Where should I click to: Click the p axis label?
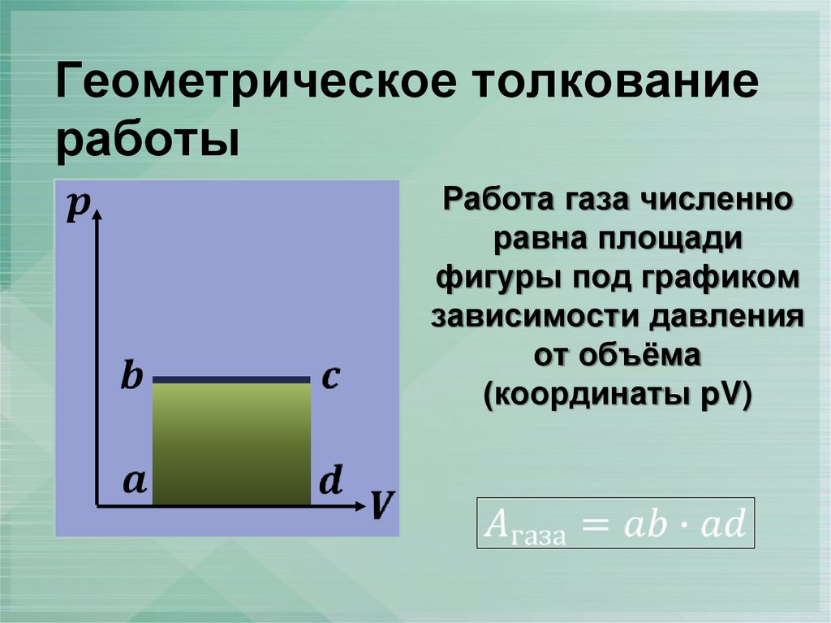(77, 208)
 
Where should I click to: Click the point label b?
(131, 378)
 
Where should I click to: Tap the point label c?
(330, 378)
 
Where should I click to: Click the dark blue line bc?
(232, 379)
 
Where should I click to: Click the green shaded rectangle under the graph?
(232, 443)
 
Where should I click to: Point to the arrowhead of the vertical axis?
(97, 214)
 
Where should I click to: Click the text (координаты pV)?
(618, 395)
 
